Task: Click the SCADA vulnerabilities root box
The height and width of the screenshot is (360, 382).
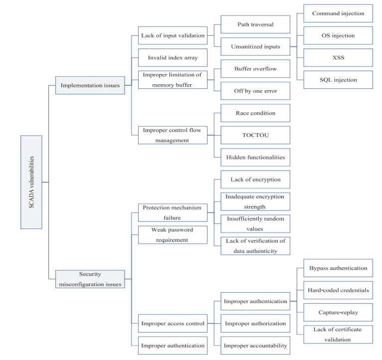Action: [31, 182]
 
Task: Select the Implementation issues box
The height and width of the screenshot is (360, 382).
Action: [90, 85]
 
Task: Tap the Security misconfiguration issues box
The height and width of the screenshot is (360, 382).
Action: [90, 279]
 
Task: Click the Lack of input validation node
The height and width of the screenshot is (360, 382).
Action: [173, 35]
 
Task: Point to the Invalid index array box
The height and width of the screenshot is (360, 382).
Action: [173, 57]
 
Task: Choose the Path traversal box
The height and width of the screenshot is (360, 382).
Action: [255, 24]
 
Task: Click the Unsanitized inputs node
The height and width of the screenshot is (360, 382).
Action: [255, 46]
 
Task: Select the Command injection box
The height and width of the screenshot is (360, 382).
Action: [338, 13]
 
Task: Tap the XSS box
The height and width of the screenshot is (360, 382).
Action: [338, 58]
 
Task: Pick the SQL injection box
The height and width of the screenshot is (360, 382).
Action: [338, 80]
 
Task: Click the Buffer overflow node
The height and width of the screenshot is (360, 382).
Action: [255, 69]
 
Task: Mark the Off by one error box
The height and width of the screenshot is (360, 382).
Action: [255, 91]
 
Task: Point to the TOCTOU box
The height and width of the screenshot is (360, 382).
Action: [255, 135]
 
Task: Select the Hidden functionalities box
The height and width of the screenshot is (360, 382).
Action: [255, 157]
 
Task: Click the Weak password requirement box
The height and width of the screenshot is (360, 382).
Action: [173, 235]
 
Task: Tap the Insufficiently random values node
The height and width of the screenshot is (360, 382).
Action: [255, 224]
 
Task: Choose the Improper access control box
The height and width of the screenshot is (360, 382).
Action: [173, 323]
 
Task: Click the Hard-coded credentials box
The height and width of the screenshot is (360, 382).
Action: [338, 290]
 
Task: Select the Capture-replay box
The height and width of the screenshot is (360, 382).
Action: [338, 313]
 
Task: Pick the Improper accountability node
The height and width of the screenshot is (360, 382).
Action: [255, 346]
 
